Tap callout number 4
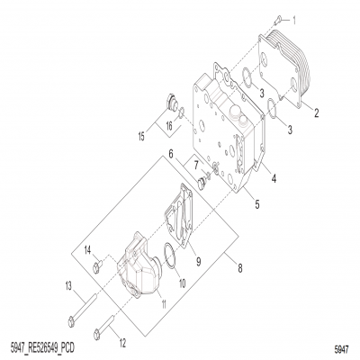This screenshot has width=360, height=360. point(273,178)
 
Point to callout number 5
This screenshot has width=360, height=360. point(256,206)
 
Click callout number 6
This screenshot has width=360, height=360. point(168,155)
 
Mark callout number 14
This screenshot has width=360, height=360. point(89,249)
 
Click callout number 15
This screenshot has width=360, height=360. point(139,137)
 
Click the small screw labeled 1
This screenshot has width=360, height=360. point(279,17)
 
